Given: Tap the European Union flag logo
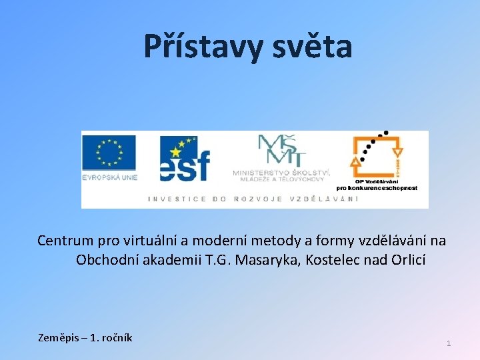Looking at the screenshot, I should [x=109, y=153].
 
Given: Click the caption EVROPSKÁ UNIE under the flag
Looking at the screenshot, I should [x=109, y=177].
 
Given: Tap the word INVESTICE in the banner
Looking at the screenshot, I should [x=177, y=199].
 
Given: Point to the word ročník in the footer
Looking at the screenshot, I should [x=115, y=338].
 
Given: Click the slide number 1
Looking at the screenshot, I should [x=449, y=343].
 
